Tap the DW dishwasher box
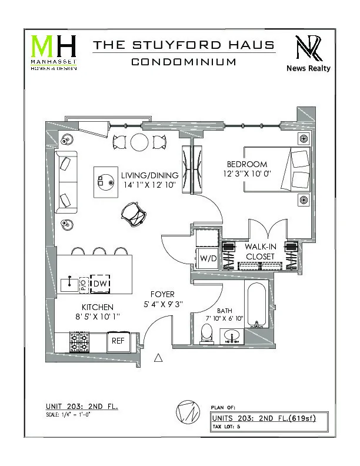(x=101, y=284)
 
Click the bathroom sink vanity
(x=232, y=336)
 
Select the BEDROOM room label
(x=247, y=164)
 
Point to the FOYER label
(x=162, y=294)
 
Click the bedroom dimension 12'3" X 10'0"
(x=247, y=175)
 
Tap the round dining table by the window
(x=140, y=142)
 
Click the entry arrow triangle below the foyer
(x=158, y=357)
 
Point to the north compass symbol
(x=186, y=411)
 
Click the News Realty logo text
(x=308, y=68)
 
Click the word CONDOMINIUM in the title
(x=184, y=62)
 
